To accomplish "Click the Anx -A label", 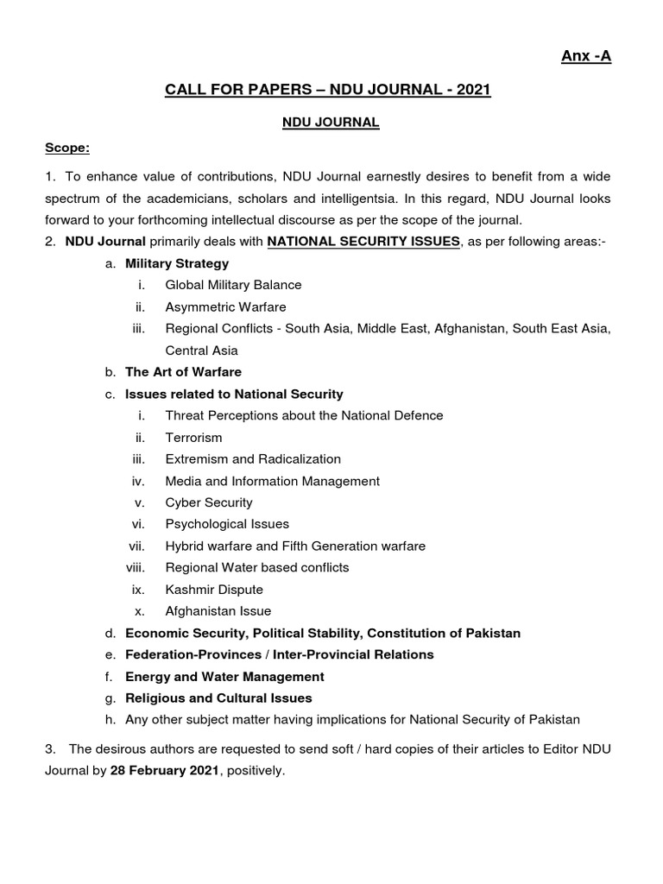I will click(586, 56).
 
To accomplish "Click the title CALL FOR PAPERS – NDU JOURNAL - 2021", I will click(328, 90).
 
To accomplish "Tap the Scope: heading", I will click(67, 148).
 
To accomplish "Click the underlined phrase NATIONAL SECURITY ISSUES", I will click(363, 242).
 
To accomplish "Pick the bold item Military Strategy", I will click(177, 263).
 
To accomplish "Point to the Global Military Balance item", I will click(233, 285).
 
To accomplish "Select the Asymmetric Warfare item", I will click(225, 306).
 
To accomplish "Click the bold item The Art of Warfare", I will click(183, 372).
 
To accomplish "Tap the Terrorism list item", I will click(193, 438).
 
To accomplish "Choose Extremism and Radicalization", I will click(253, 459).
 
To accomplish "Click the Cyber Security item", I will click(209, 502).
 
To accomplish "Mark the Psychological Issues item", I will click(227, 524).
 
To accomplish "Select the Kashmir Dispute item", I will click(214, 590).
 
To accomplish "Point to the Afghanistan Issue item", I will click(218, 611).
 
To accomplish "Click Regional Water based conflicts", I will click(257, 567).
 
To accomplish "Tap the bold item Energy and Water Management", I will click(224, 677).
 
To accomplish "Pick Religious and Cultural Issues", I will click(218, 698).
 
